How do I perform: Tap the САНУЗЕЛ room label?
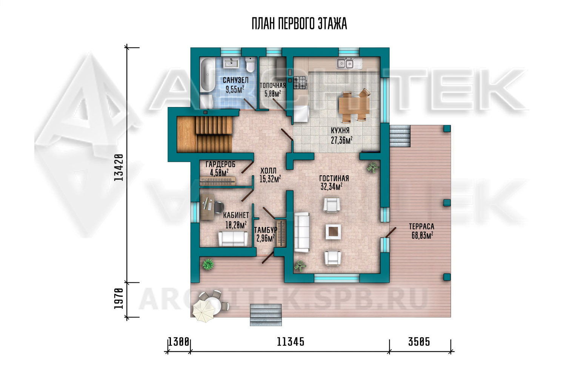(x=235, y=80)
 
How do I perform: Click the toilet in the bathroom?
(x=250, y=65)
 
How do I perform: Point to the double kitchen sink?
(x=345, y=63)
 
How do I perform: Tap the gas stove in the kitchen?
(x=300, y=83)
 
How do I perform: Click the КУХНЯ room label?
(x=340, y=130)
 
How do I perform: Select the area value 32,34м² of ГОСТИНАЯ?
(x=332, y=187)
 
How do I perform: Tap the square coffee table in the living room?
(x=333, y=231)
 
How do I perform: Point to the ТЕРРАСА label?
(x=421, y=226)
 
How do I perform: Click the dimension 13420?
(x=118, y=167)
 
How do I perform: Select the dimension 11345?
(x=291, y=342)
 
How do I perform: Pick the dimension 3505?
(x=419, y=342)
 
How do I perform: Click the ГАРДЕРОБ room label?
(x=220, y=164)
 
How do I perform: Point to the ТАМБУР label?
(x=266, y=230)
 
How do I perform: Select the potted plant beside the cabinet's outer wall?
(x=208, y=264)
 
